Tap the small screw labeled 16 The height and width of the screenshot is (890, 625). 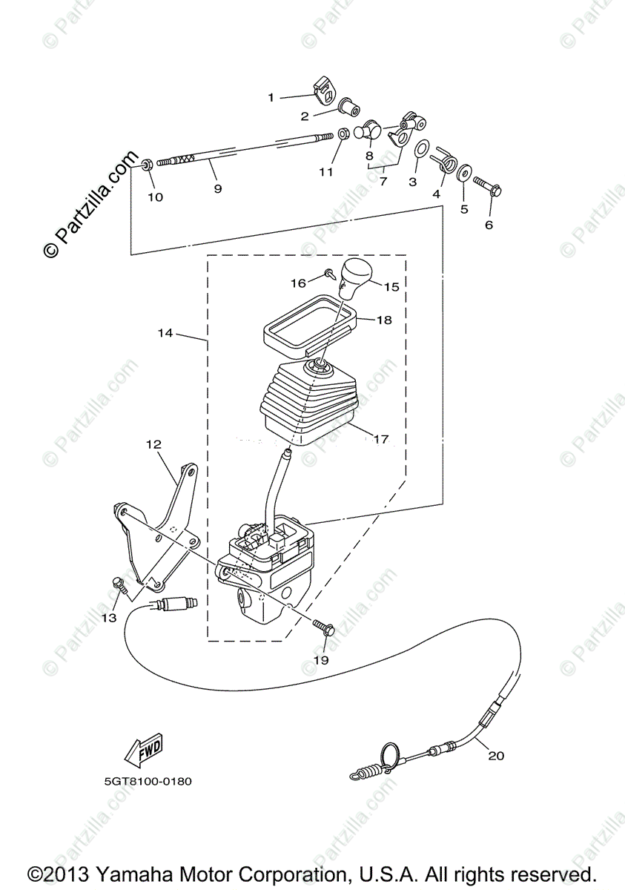coord(329,273)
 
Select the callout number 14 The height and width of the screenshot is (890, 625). coord(165,333)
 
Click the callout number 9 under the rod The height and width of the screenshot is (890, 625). coord(217,188)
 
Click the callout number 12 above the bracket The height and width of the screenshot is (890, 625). coord(154,444)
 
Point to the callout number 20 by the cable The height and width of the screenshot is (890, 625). coord(496,755)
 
